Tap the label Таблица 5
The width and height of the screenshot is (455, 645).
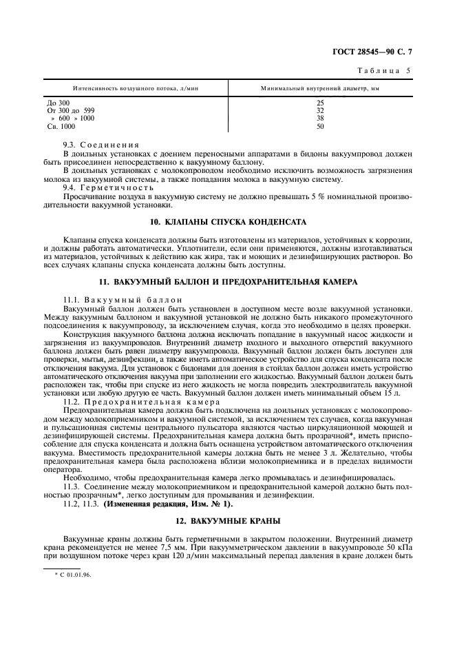click(x=385, y=71)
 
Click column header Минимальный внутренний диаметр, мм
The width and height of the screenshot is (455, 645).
click(x=320, y=88)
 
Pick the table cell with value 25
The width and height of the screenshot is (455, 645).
click(x=320, y=103)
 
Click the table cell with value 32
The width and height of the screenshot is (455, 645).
click(x=320, y=110)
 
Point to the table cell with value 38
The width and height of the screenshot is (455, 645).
click(x=320, y=119)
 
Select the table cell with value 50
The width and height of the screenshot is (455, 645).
click(x=320, y=127)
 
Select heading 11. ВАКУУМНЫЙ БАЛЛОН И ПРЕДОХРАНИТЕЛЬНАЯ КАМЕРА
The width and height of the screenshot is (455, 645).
click(x=228, y=283)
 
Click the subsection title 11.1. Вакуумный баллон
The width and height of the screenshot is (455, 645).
click(x=113, y=300)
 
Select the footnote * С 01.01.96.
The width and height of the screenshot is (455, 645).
click(x=73, y=573)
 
